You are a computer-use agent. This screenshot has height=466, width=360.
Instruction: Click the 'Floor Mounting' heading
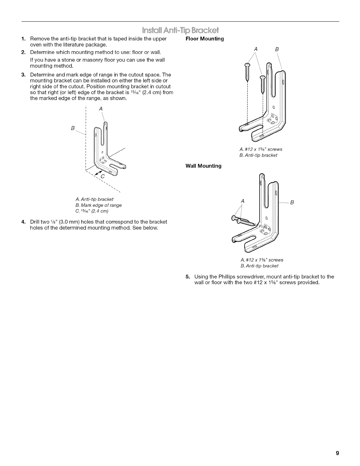[204, 39]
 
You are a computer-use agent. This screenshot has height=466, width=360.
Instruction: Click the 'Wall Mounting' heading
[203, 166]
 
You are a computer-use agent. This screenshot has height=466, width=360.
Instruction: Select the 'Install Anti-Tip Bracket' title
[180, 30]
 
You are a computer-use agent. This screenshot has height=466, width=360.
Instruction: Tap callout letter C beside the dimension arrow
[103, 177]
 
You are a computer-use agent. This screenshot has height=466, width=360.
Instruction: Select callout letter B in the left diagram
[73, 128]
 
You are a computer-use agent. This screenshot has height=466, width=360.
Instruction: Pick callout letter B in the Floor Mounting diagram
[276, 50]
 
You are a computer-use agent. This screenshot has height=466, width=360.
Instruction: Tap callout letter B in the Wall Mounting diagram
[292, 202]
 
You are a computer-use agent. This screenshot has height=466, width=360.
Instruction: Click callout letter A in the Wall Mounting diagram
[243, 201]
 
